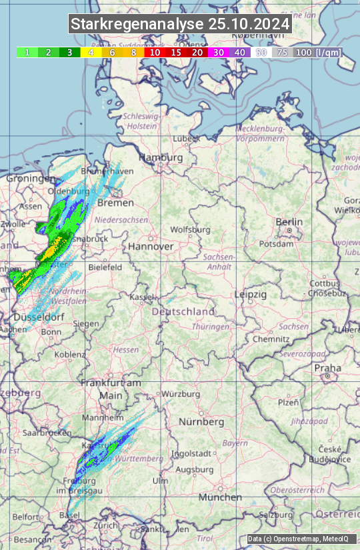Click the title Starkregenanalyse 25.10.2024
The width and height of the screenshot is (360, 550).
(x=180, y=24)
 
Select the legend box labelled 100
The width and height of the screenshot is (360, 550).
(x=303, y=52)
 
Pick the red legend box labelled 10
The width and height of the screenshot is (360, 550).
(x=155, y=52)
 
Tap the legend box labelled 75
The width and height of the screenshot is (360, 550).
(x=282, y=52)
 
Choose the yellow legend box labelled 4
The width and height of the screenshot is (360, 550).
(x=91, y=52)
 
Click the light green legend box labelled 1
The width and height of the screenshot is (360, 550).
(x=27, y=52)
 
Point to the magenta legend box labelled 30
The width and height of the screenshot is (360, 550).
(x=219, y=52)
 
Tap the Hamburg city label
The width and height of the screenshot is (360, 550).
(x=160, y=157)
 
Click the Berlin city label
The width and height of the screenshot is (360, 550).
(x=289, y=222)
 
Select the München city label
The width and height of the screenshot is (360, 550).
(x=220, y=497)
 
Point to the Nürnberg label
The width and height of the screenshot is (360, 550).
(x=201, y=422)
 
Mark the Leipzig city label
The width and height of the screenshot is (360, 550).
(x=250, y=294)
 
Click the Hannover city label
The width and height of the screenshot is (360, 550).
(x=151, y=246)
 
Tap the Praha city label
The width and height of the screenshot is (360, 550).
(x=327, y=367)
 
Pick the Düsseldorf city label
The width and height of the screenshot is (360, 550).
(x=39, y=317)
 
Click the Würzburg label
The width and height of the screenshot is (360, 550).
(x=181, y=394)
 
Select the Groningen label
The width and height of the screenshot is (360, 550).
(x=31, y=179)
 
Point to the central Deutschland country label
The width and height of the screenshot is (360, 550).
(x=183, y=311)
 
